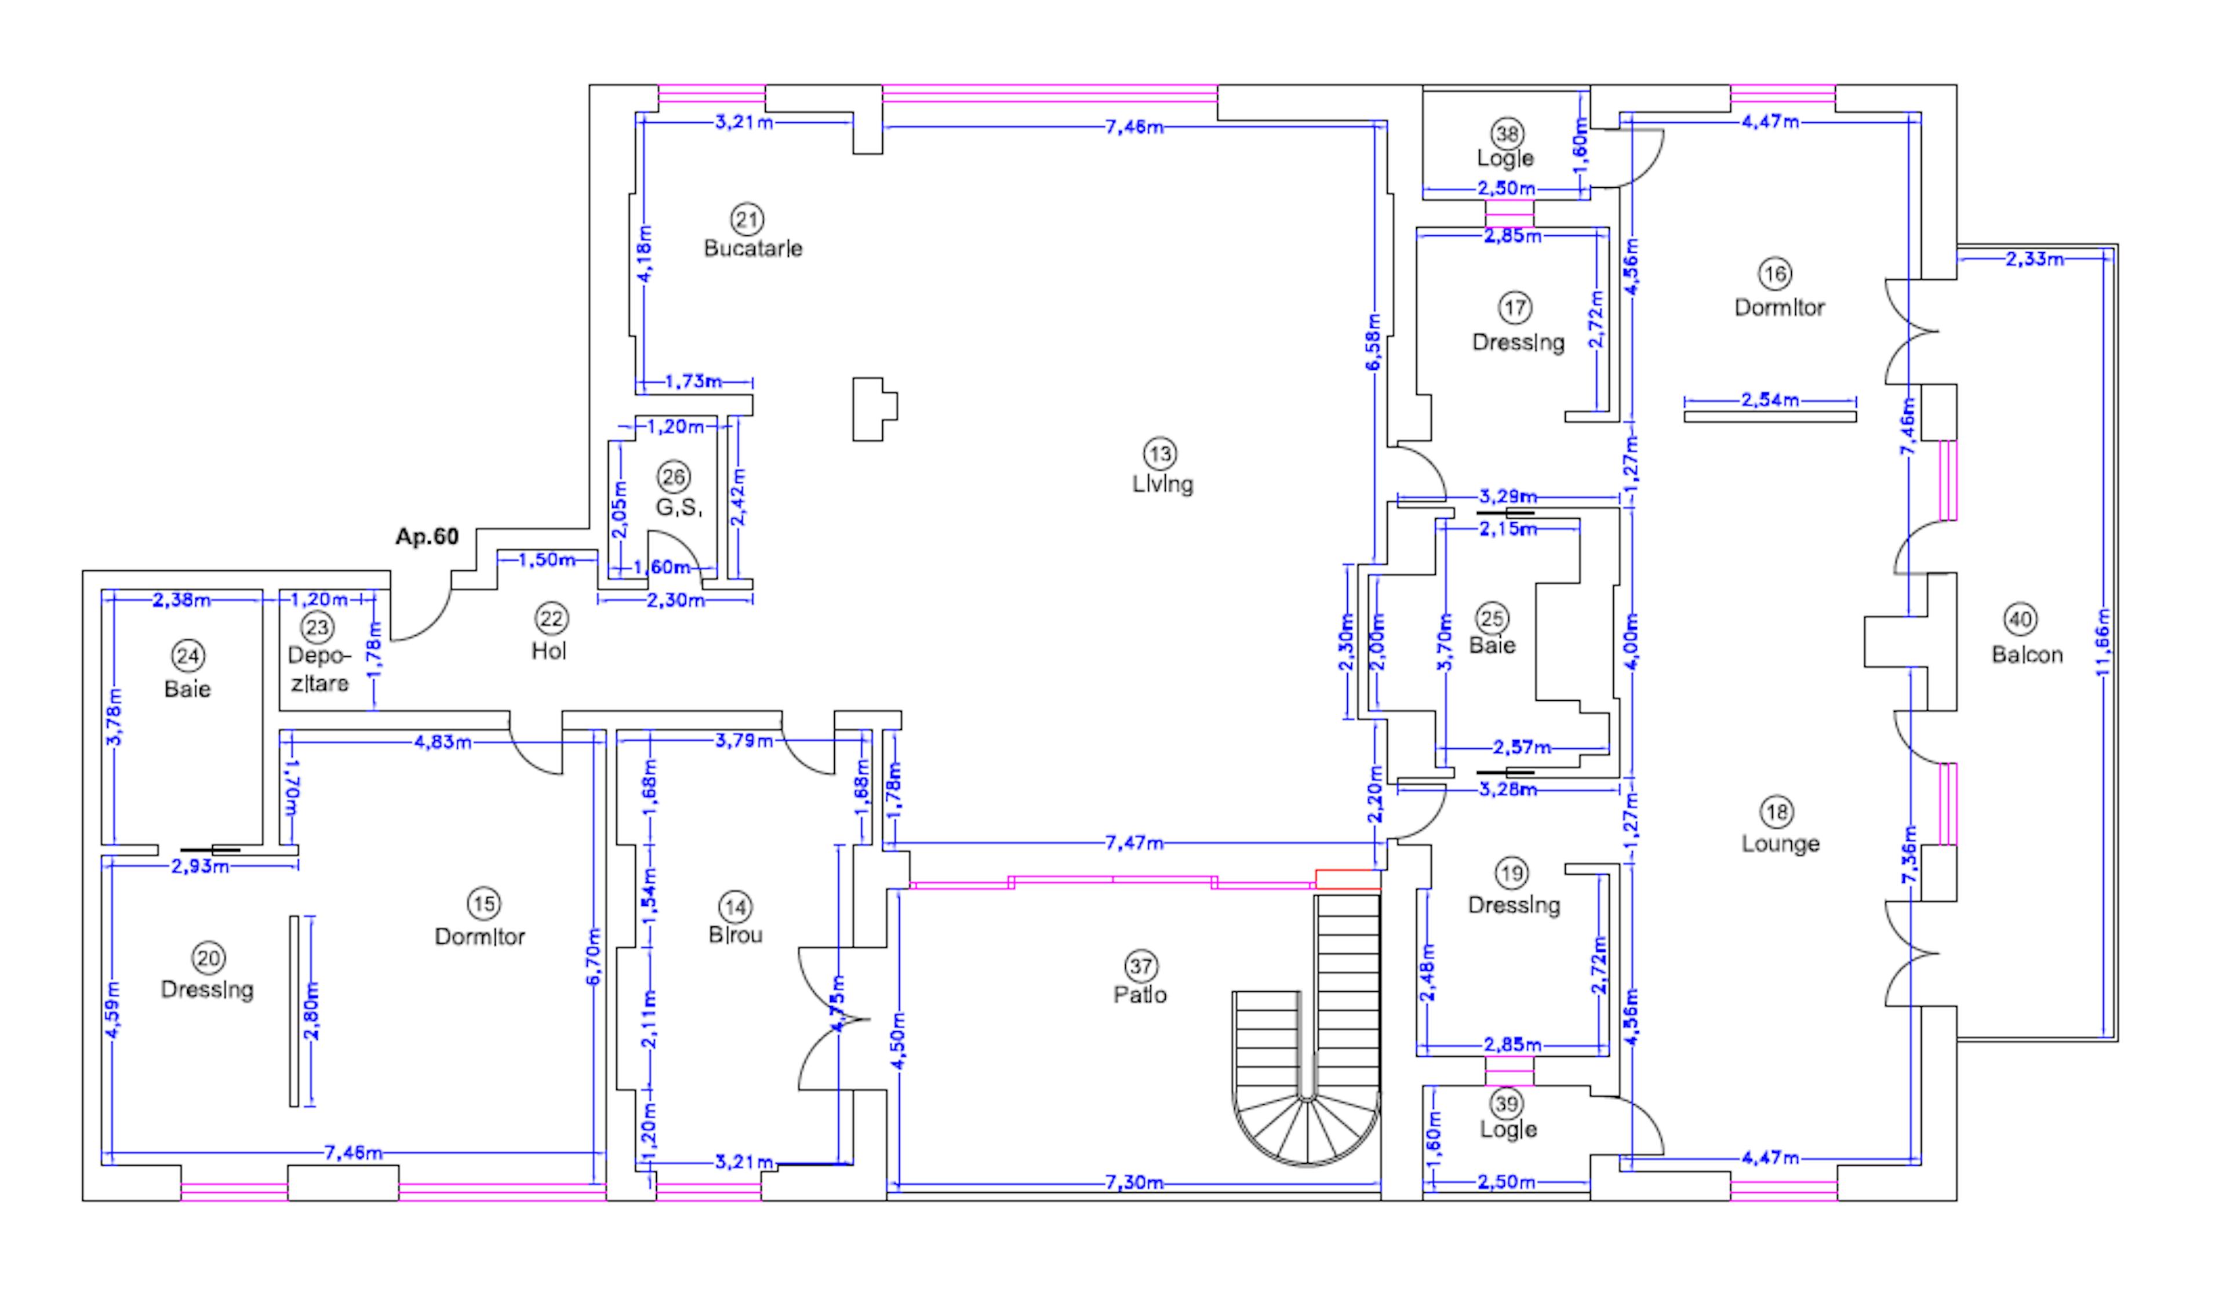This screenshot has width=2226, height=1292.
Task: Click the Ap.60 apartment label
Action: tap(427, 537)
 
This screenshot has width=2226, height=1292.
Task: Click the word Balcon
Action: tap(2027, 655)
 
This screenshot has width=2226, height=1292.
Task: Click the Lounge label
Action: tap(1780, 843)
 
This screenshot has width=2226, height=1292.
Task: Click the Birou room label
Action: tap(735, 935)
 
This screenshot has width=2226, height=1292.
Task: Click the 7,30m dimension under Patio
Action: tap(1134, 1182)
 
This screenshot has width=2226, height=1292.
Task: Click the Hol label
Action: tap(548, 651)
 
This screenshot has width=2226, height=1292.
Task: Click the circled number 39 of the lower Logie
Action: tap(1506, 1104)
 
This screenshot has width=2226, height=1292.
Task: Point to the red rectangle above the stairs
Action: tap(1347, 879)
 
